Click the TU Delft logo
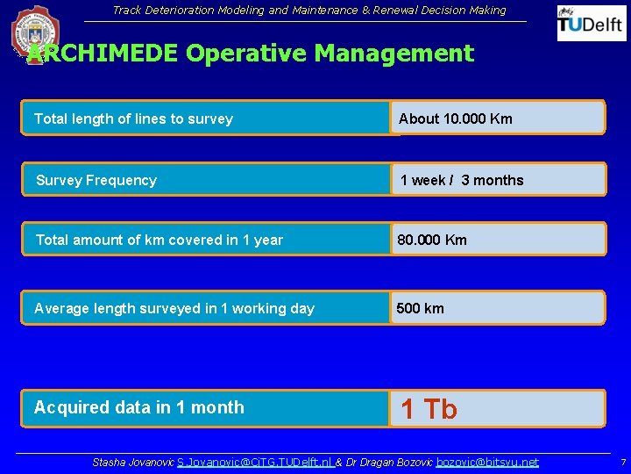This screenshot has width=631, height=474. pyautogui.click(x=592, y=23)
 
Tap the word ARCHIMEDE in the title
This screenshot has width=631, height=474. pyautogui.click(x=103, y=54)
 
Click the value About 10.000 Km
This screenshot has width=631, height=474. pyautogui.click(x=456, y=118)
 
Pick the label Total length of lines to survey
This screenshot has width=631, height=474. pyautogui.click(x=133, y=118)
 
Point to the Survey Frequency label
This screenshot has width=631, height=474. pyautogui.click(x=96, y=180)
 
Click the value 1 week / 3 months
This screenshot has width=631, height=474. pyautogui.click(x=462, y=180)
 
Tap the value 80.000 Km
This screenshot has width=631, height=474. pyautogui.click(x=432, y=240)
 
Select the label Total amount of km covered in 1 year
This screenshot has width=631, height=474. pyautogui.click(x=160, y=240)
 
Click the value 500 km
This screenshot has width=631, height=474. pyautogui.click(x=421, y=308)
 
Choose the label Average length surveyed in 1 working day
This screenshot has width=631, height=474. pyautogui.click(x=174, y=308)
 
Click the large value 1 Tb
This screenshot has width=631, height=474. pyautogui.click(x=429, y=408)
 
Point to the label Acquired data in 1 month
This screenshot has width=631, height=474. pyautogui.click(x=138, y=407)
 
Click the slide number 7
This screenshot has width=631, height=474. pyautogui.click(x=622, y=462)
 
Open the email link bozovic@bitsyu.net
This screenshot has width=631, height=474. pyautogui.click(x=487, y=462)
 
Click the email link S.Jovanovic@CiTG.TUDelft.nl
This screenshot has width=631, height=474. pyautogui.click(x=254, y=462)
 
